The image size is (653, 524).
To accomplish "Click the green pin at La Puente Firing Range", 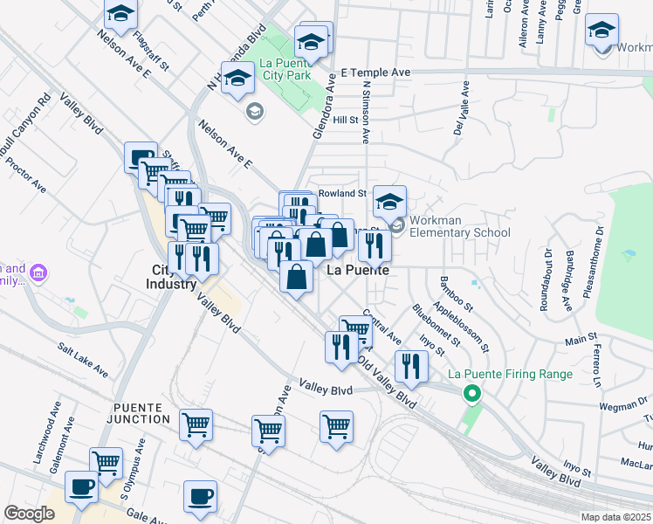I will point(472,394).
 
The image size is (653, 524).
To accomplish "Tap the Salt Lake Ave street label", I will point(84,360).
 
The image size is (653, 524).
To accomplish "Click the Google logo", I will point(30,513).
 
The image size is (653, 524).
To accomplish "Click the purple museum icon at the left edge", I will point(38,274).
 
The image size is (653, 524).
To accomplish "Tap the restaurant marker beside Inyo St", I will point(411,366).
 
